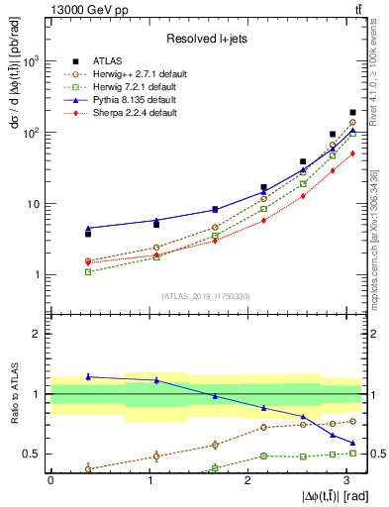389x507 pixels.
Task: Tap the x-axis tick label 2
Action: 247,479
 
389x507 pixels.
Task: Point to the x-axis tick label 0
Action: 49,479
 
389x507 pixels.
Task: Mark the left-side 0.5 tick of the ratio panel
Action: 33,454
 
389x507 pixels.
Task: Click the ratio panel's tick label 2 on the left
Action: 37,334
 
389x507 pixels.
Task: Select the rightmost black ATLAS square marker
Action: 352,113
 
